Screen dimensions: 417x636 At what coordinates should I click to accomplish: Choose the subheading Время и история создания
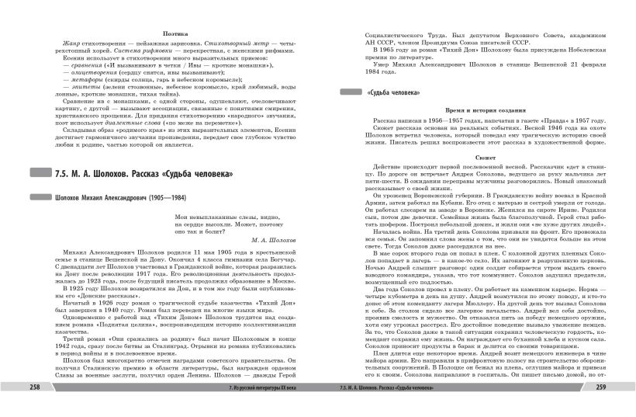[x=476, y=111]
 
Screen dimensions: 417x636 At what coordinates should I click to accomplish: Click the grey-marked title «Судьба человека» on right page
[x=389, y=93]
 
